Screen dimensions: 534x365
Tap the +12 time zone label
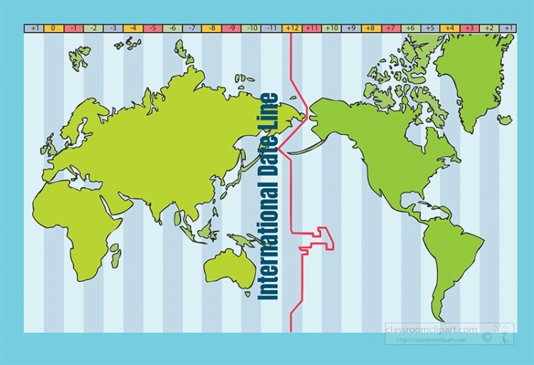click(292, 29)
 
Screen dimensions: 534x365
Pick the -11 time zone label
click(272, 29)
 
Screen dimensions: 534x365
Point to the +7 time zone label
click(389, 29)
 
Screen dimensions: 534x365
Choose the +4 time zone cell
click(449, 29)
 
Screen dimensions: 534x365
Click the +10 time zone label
click(331, 29)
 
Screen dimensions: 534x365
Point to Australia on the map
click(229, 267)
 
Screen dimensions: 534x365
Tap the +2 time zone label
click(488, 29)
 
